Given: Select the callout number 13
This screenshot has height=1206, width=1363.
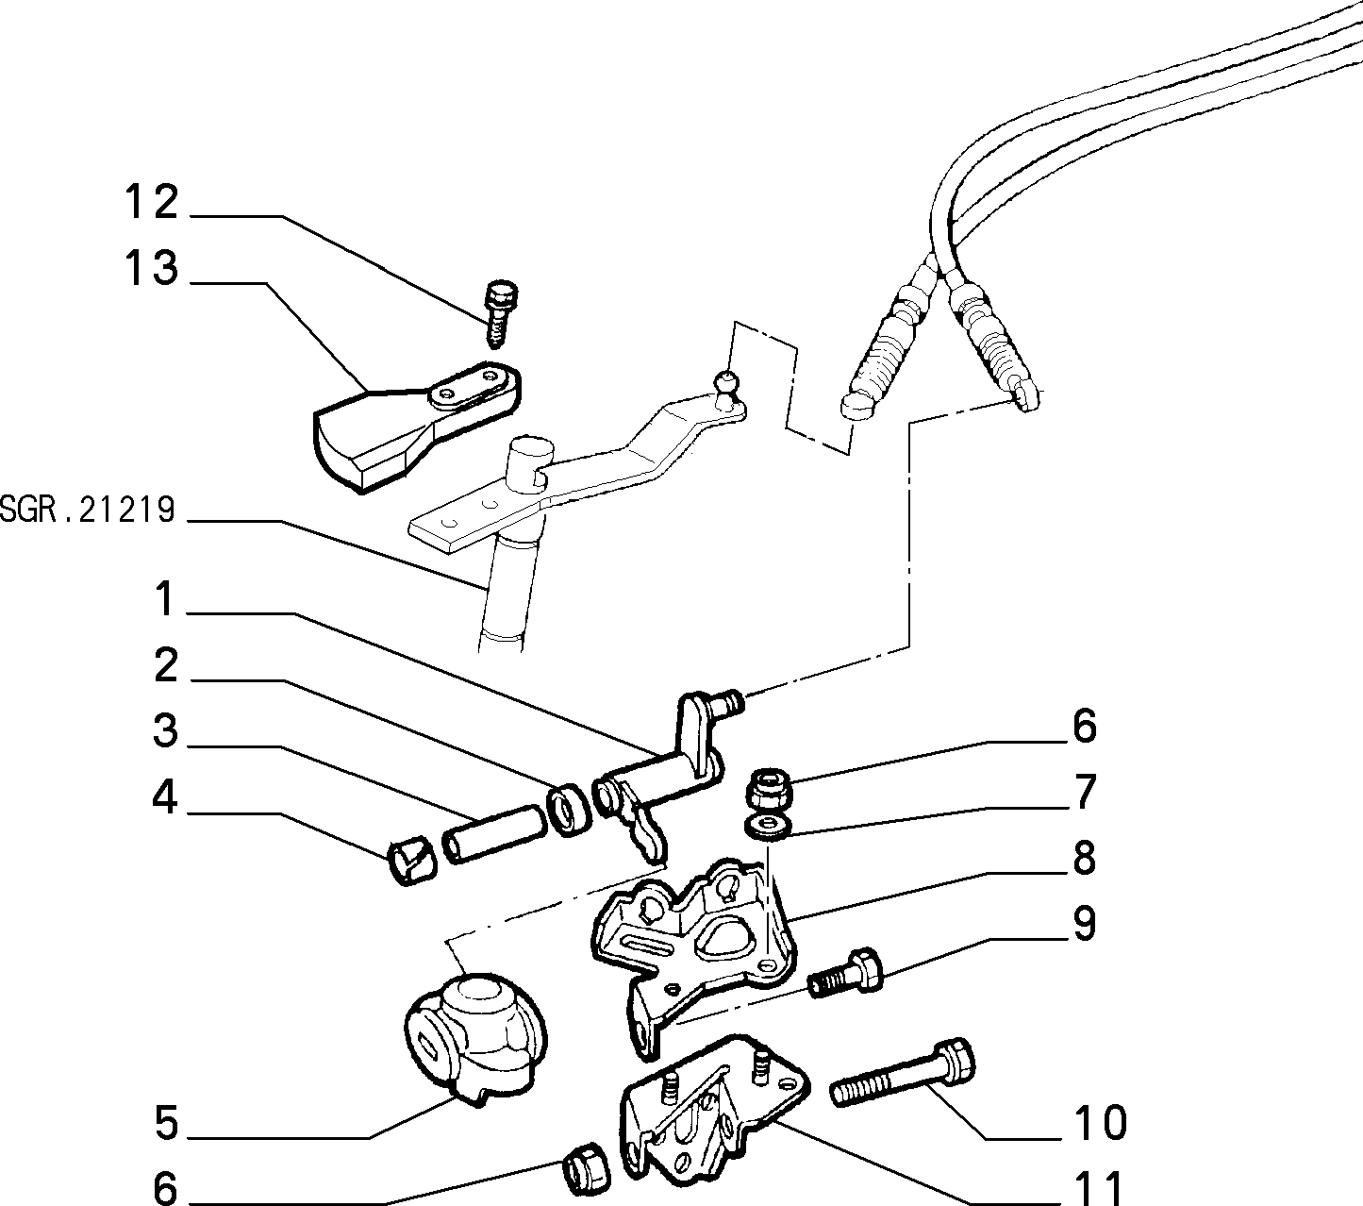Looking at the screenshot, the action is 151,267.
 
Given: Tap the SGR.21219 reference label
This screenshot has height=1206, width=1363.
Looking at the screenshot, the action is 88,510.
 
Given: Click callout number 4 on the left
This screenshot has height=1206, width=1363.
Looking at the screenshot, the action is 165,797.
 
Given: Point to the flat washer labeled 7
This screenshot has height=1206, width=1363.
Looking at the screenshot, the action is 769,827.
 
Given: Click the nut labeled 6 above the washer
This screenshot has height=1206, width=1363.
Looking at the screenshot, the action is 771,788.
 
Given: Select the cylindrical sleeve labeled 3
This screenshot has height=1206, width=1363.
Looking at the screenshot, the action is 492,834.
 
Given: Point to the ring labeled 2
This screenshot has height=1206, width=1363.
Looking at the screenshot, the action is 569,810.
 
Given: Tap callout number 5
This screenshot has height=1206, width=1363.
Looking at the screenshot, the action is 166,1123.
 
